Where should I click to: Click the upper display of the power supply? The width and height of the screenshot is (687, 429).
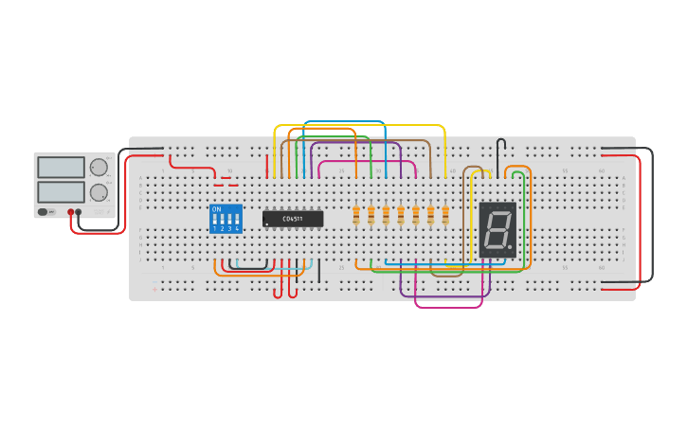click(x=61, y=168)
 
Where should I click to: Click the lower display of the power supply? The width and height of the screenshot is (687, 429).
click(x=61, y=191)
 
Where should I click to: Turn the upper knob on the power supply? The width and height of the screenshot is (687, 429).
click(x=99, y=168)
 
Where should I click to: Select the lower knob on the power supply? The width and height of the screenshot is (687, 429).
click(x=99, y=192)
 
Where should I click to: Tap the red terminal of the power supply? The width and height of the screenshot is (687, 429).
click(x=71, y=212)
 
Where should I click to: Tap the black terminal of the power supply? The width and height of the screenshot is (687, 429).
click(x=79, y=212)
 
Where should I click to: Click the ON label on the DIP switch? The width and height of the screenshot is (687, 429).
click(x=217, y=209)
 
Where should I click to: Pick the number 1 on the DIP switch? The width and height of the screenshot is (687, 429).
click(x=215, y=228)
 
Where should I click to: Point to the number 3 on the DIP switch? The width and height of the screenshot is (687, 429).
click(x=229, y=228)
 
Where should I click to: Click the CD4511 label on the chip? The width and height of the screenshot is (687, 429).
click(x=293, y=219)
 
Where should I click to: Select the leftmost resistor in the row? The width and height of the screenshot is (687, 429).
click(x=356, y=217)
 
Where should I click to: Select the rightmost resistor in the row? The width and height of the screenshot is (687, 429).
click(x=445, y=217)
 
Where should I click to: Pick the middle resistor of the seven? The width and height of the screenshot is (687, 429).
click(x=401, y=217)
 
